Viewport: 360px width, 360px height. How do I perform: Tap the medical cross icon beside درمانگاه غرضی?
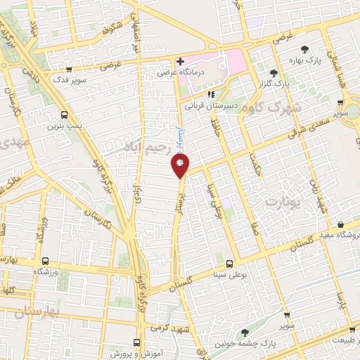181,61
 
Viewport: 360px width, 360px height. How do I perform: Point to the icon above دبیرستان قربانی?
210,95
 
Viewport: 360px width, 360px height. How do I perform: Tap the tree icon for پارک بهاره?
304,49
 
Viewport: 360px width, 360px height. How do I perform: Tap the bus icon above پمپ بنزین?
65,115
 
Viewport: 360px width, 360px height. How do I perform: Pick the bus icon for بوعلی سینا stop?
229,264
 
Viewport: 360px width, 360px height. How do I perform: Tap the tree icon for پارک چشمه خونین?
245,333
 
